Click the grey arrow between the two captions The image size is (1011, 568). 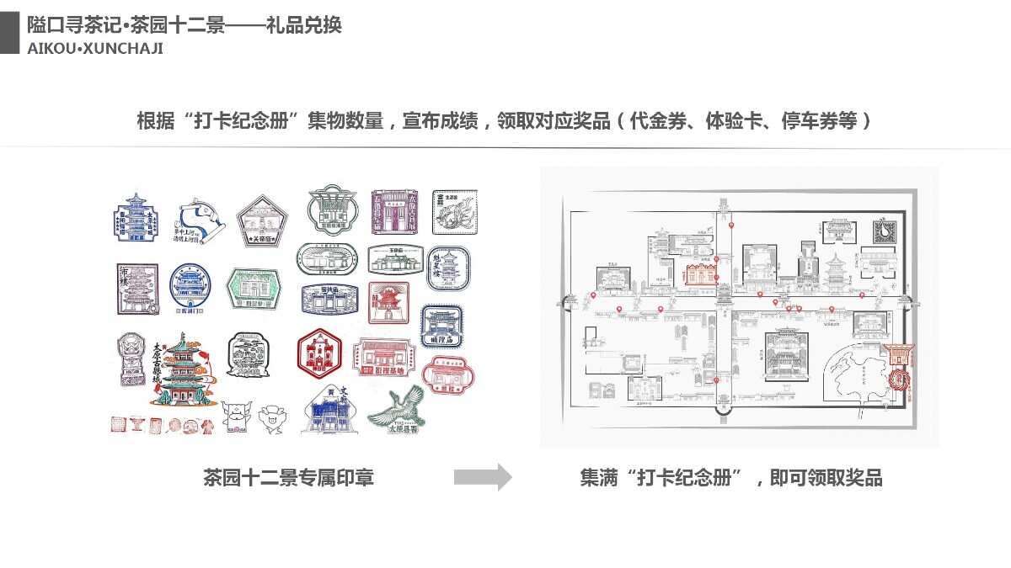(x=483, y=477)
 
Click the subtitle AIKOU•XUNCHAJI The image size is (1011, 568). (x=95, y=48)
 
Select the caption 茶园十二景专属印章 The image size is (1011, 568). (x=288, y=478)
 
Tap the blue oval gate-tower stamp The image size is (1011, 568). (x=190, y=285)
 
